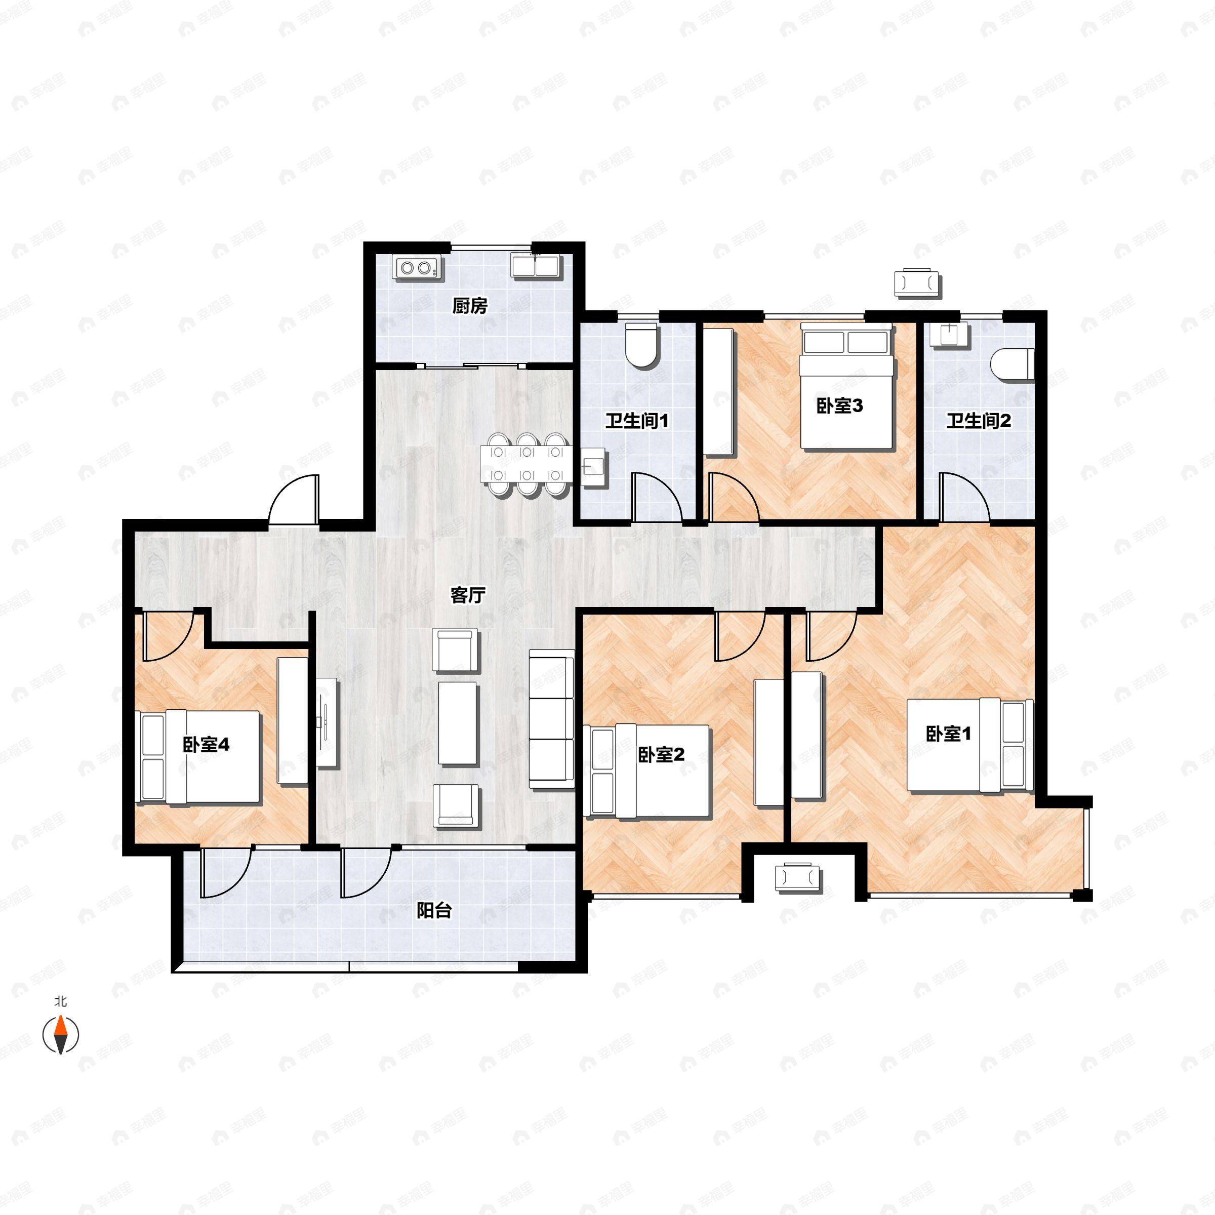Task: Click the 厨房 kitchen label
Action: point(470,306)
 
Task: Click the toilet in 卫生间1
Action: point(642,345)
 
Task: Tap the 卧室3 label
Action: point(839,406)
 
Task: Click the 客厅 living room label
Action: point(468,595)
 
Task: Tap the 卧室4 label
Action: point(206,745)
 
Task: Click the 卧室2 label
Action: point(661,755)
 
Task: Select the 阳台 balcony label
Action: point(434,910)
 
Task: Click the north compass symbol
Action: point(60,1034)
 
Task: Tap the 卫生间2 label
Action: point(979,421)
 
